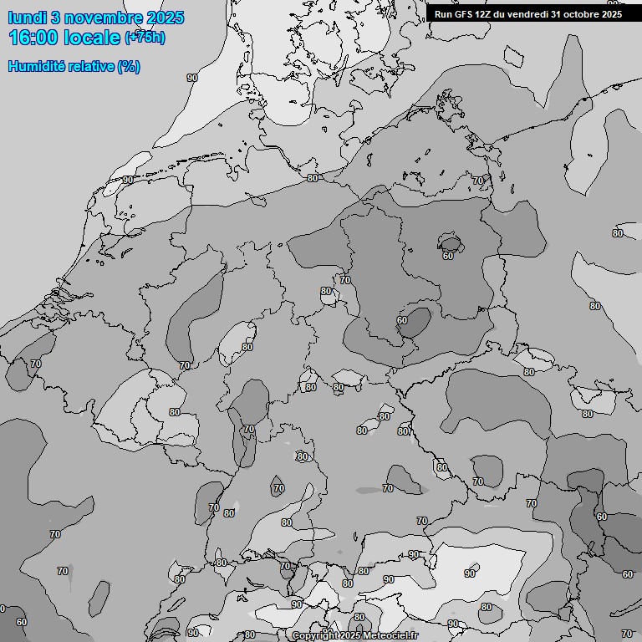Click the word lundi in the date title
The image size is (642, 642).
[28, 18]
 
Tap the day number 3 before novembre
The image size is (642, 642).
[58, 18]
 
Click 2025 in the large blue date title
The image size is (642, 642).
[166, 18]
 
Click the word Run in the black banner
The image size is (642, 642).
[443, 13]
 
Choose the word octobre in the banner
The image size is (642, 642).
[581, 13]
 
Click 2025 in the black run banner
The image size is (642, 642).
[611, 13]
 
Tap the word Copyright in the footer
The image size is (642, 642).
[315, 636]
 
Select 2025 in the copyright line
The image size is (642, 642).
[351, 636]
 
